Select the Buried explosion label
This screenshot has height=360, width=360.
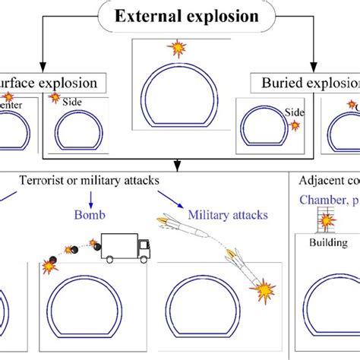pyautogui.click(x=308, y=84)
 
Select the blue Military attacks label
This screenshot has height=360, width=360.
pyautogui.click(x=228, y=215)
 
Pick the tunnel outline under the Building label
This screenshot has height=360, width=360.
pyautogui.click(x=327, y=311)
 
